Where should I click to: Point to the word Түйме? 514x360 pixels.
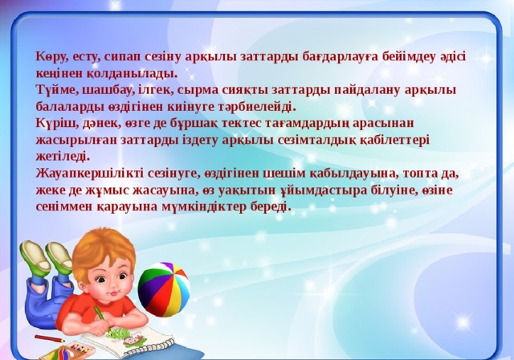[55, 90]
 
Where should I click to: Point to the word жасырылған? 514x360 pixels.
[75, 141]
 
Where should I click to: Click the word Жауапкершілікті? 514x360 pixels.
[89, 174]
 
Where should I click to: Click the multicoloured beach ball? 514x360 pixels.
[164, 289]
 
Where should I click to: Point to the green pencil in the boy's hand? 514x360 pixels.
[103, 320]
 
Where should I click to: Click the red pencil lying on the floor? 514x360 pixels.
[49, 338]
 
